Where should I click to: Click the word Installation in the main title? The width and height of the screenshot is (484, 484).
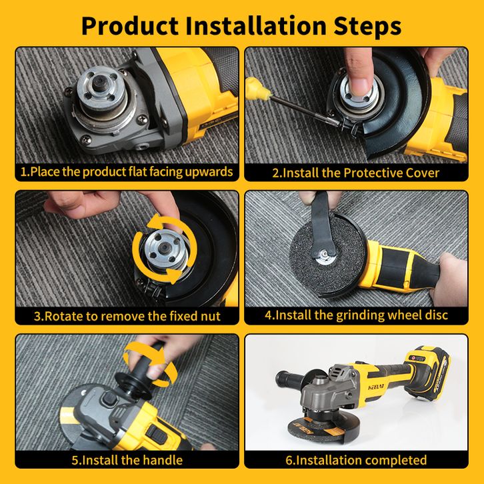tap(256, 25)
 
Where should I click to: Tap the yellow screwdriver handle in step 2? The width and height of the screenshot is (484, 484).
tap(257, 88)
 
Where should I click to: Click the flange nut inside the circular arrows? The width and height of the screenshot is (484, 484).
tap(163, 249)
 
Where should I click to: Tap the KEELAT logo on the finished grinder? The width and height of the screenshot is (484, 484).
tap(377, 387)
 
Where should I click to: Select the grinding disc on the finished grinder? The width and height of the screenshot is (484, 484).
tap(318, 427)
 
